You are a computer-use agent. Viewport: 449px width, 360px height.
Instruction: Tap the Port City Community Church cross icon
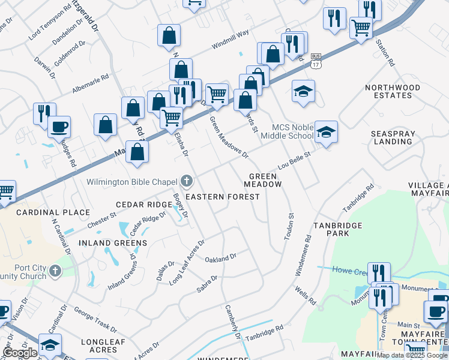(x=55, y=271)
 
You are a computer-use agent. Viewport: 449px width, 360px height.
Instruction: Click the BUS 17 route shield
(x=315, y=60)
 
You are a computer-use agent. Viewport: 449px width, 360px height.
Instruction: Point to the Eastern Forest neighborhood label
(x=223, y=197)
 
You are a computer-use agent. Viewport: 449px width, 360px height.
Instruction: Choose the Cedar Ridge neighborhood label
(x=144, y=205)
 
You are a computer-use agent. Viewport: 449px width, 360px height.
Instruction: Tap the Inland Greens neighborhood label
(x=113, y=243)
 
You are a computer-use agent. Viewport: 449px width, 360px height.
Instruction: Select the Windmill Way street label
(x=230, y=40)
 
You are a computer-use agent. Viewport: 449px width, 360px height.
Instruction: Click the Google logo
(x=19, y=353)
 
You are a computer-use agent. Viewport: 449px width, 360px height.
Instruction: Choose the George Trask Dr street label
(x=95, y=319)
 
